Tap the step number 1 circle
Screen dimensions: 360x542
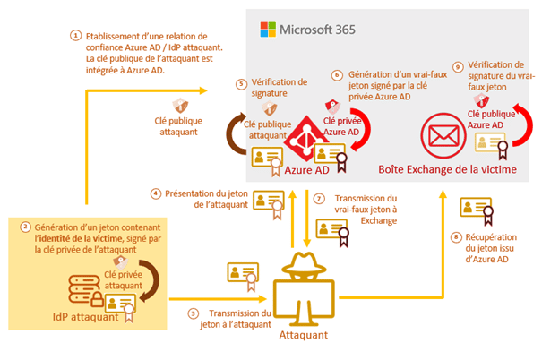point(75,36)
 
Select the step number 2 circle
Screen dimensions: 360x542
point(26,227)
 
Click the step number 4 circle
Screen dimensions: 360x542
point(155,193)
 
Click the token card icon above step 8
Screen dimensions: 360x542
point(474,209)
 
